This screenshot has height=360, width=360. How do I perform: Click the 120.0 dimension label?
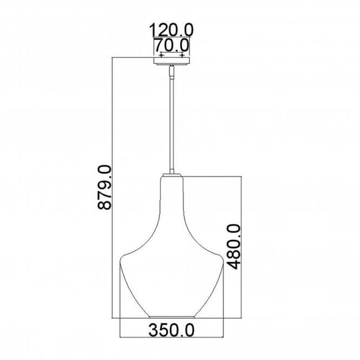pos(173,31)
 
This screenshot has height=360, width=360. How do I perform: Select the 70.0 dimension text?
pos(173,45)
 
